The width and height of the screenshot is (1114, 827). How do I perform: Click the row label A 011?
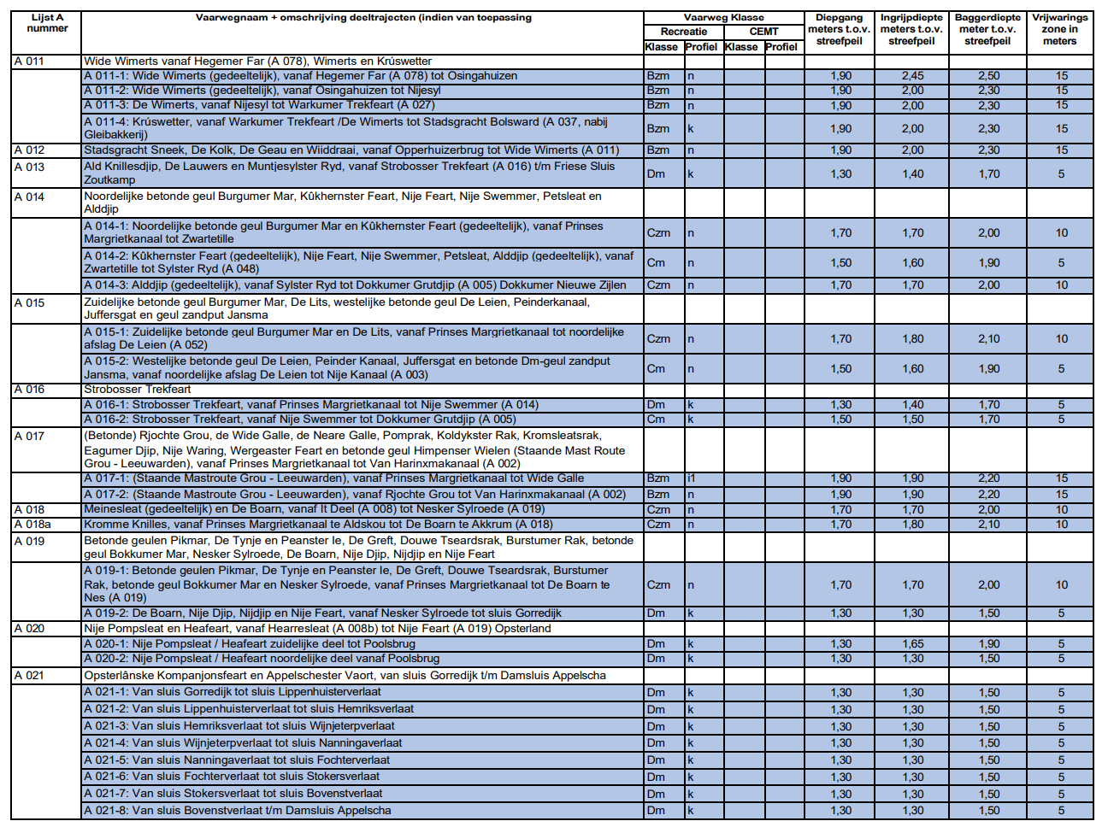point(29,62)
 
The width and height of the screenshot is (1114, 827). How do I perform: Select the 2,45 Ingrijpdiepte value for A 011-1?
point(912,76)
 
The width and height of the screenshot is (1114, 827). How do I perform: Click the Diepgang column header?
point(839,29)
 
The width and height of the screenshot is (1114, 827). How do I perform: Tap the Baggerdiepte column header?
point(987,29)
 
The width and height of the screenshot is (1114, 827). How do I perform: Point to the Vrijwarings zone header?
point(1059,29)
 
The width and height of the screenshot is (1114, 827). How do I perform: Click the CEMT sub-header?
point(763,32)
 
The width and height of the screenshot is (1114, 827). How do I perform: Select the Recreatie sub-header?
point(683,32)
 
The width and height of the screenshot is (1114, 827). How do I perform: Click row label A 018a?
point(32,525)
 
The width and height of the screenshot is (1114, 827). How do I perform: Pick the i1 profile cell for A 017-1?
point(692,478)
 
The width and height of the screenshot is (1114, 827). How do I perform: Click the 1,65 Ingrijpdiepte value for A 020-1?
point(912,644)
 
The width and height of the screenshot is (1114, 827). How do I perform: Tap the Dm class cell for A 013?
point(656,173)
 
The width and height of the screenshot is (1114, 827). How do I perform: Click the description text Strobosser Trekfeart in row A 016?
point(138,390)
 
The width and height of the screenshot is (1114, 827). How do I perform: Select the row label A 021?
point(29,676)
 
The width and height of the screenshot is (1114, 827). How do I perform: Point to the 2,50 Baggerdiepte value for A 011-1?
point(988,76)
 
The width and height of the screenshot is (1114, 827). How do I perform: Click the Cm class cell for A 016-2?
point(656,419)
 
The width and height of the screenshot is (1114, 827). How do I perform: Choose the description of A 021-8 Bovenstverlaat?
point(237,811)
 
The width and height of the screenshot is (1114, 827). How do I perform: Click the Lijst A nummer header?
point(47,23)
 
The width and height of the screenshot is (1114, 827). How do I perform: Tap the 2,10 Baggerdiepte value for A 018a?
point(988,525)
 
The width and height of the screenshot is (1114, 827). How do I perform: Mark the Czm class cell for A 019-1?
point(658,585)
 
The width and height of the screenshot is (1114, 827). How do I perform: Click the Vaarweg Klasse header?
point(723,17)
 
